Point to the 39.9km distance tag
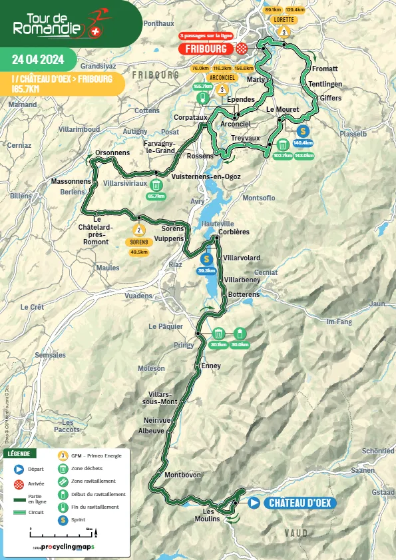[207, 271]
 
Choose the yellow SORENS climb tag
[139, 243]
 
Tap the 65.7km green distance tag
[156, 196]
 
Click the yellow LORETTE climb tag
[284, 20]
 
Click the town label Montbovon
[178, 475]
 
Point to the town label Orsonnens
[112, 152]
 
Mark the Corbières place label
[234, 232]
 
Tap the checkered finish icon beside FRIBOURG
[242, 49]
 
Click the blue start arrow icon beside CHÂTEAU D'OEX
[254, 503]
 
